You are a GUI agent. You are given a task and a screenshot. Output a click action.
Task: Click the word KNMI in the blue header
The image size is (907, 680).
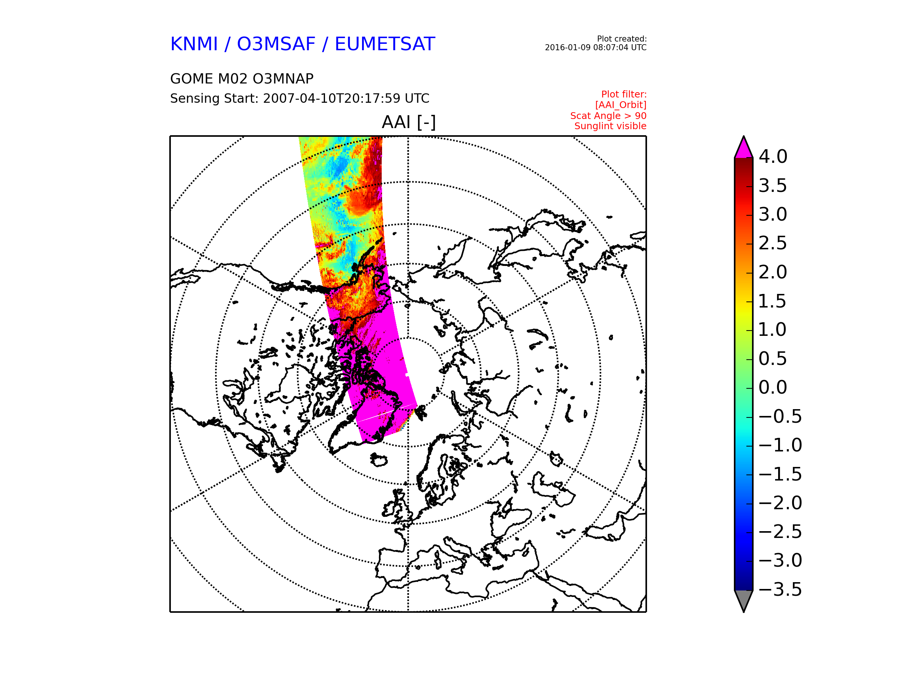pyautogui.click(x=194, y=44)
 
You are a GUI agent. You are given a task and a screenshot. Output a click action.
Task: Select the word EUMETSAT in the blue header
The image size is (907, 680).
pyautogui.click(x=385, y=44)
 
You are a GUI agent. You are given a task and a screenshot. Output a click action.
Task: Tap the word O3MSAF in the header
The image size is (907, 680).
pyautogui.click(x=276, y=44)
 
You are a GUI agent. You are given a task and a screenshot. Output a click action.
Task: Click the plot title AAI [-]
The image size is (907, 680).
pyautogui.click(x=409, y=122)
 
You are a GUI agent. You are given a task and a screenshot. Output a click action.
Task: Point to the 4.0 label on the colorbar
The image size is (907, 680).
pyautogui.click(x=773, y=156)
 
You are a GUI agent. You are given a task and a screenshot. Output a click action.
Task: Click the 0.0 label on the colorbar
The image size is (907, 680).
pyautogui.click(x=773, y=387)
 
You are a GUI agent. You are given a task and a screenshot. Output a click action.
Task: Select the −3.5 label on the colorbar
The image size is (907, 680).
pyautogui.click(x=780, y=589)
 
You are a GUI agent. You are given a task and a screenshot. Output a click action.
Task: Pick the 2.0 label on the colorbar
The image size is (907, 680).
pyautogui.click(x=773, y=272)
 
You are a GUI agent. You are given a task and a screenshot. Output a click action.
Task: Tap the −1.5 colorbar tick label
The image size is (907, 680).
pyautogui.click(x=780, y=474)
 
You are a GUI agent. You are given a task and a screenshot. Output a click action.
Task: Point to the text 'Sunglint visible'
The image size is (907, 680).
pyautogui.click(x=611, y=126)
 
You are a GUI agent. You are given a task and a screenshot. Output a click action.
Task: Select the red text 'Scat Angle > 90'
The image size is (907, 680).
pyautogui.click(x=608, y=116)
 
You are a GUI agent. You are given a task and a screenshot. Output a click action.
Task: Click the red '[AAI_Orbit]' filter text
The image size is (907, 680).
pyautogui.click(x=621, y=105)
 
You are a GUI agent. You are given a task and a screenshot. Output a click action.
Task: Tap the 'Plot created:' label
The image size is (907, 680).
pyautogui.click(x=622, y=39)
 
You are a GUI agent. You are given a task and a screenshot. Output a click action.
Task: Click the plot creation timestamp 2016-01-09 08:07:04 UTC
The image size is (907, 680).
pyautogui.click(x=596, y=48)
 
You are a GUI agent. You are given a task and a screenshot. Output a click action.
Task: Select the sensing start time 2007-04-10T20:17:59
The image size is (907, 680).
pyautogui.click(x=346, y=98)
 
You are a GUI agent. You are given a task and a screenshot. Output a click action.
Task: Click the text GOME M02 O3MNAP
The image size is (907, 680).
pyautogui.click(x=242, y=79)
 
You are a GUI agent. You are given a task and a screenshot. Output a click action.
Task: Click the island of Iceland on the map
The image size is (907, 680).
pyautogui.click(x=379, y=460)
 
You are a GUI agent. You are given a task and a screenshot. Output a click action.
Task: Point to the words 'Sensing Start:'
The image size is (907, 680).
pyautogui.click(x=214, y=99)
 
